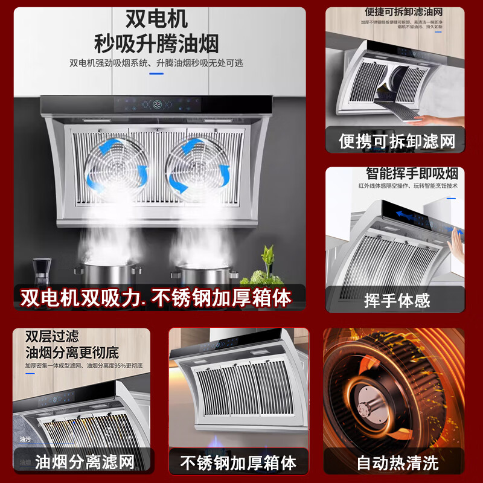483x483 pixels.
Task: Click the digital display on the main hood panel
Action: pyautogui.click(x=156, y=104)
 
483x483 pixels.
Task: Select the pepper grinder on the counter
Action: pyautogui.click(x=41, y=274)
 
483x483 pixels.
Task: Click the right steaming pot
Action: pyautogui.click(x=203, y=275)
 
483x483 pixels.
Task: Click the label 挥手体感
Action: pyautogui.click(x=396, y=300)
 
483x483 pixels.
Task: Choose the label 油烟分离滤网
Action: pyautogui.click(x=84, y=462)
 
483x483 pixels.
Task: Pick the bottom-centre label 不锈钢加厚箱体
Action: pyautogui.click(x=239, y=463)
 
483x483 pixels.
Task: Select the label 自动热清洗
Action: pyautogui.click(x=397, y=463)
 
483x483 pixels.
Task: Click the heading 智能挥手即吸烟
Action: pyautogui.click(x=411, y=174)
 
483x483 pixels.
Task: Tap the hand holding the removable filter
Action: pyautogui.click(x=444, y=118)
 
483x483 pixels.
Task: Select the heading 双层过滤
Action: pyautogui.click(x=52, y=336)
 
